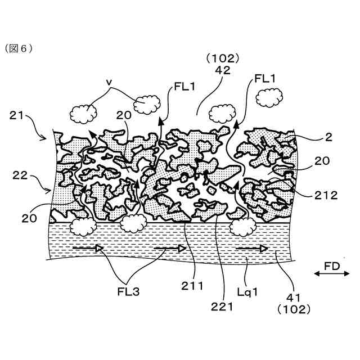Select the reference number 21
[17, 116]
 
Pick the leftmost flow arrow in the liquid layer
[88, 247]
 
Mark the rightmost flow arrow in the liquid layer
[251, 247]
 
